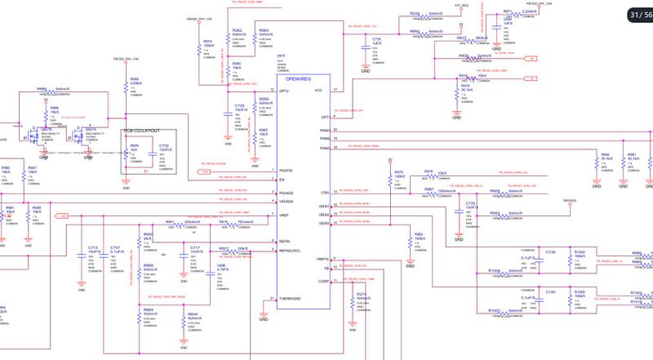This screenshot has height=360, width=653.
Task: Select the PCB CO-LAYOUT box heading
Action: [x=147, y=131]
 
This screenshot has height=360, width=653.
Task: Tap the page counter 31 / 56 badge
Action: [x=638, y=15]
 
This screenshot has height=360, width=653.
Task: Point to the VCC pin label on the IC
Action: [x=319, y=90]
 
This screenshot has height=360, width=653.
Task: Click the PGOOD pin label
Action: [x=286, y=171]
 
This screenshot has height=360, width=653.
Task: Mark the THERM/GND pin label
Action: [x=291, y=299]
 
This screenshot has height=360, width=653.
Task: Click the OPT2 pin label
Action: [x=285, y=90]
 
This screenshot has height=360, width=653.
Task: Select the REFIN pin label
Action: [x=286, y=241]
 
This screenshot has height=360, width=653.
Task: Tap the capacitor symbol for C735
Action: [x=366, y=47]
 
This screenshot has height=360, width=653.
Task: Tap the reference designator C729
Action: [x=240, y=106]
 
